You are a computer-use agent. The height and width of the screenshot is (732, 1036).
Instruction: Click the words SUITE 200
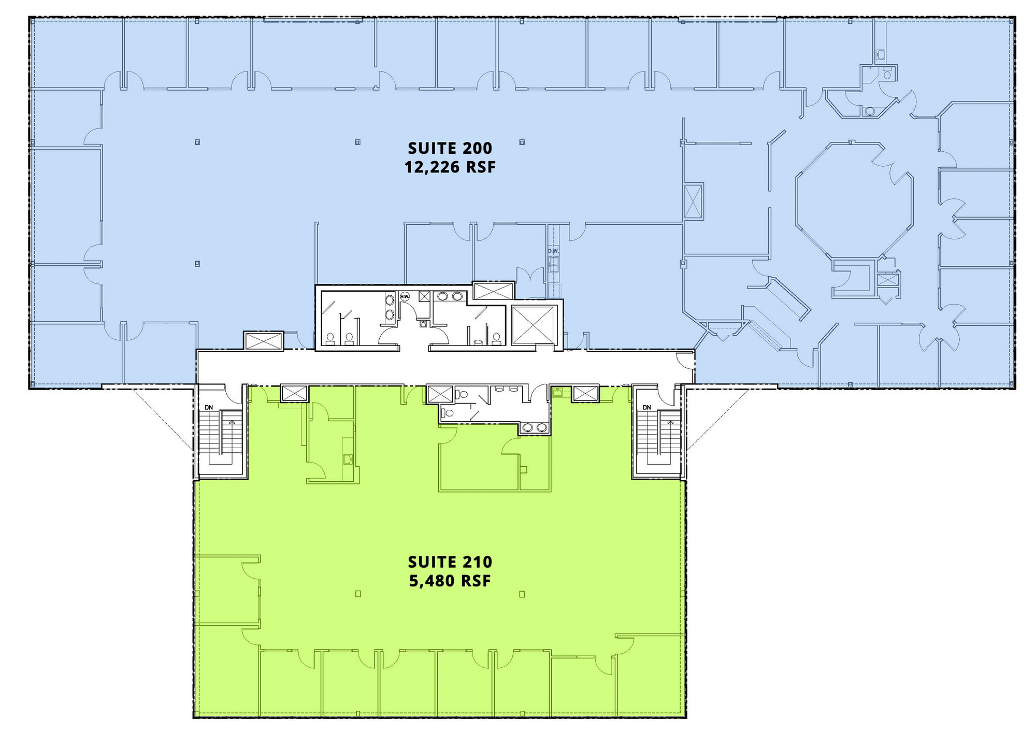pyautogui.click(x=450, y=148)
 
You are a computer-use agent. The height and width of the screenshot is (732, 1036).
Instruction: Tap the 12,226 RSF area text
pyautogui.click(x=450, y=167)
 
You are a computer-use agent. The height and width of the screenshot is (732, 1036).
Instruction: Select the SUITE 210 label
pyautogui.click(x=450, y=562)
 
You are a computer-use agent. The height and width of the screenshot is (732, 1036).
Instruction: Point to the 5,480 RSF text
pyautogui.click(x=450, y=581)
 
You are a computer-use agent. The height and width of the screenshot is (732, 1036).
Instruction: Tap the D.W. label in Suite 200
pyautogui.click(x=553, y=251)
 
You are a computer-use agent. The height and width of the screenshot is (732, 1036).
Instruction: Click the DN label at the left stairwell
pyautogui.click(x=209, y=408)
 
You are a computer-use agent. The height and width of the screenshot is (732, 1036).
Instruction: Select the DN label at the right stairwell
pyautogui.click(x=646, y=408)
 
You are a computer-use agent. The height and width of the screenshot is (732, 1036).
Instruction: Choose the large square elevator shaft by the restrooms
pyautogui.click(x=533, y=325)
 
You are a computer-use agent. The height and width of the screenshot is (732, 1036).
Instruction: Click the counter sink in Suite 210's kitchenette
pyautogui.click(x=348, y=458)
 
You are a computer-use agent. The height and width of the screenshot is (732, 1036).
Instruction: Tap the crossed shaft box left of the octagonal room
pyautogui.click(x=694, y=200)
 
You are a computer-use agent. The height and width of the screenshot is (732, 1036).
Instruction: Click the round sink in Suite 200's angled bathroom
pyautogui.click(x=869, y=111)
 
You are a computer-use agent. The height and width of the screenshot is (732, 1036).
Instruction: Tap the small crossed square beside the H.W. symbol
pyautogui.click(x=424, y=296)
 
